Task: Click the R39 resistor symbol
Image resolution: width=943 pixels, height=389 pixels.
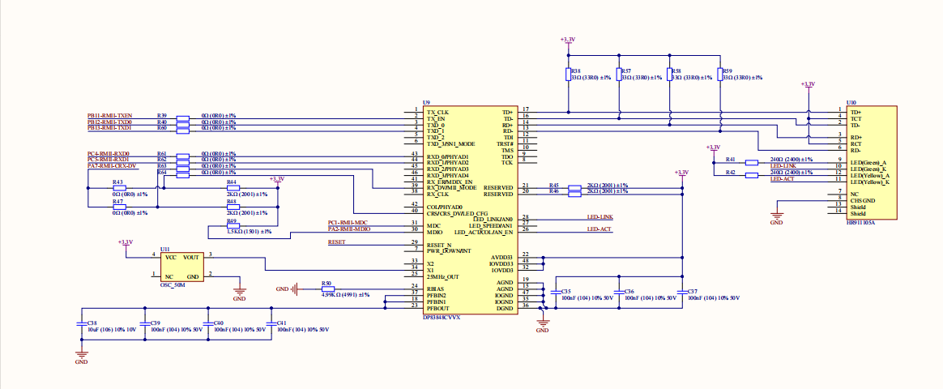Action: (x=183, y=117)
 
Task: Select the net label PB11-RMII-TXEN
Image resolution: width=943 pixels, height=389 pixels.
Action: (x=109, y=115)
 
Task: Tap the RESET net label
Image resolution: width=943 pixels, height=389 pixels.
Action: (x=336, y=242)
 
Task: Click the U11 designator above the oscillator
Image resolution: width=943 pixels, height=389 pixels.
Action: (x=164, y=249)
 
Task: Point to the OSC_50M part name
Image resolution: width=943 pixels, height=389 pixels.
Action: (x=173, y=285)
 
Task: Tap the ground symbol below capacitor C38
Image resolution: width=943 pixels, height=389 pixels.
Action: (x=81, y=354)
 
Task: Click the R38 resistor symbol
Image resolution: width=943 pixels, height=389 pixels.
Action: (x=568, y=75)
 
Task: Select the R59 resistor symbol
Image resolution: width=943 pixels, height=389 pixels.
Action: (x=719, y=75)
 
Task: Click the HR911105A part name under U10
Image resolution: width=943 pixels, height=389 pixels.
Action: (x=860, y=221)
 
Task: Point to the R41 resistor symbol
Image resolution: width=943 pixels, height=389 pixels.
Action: (x=752, y=163)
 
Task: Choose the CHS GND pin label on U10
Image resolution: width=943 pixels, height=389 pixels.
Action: (x=862, y=200)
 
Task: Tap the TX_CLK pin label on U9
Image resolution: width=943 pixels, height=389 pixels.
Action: (x=437, y=111)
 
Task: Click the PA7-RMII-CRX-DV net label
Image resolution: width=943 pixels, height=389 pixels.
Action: (x=112, y=165)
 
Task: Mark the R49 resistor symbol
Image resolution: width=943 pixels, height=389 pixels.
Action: (x=233, y=226)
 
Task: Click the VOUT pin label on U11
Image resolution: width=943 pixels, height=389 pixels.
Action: (x=192, y=257)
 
